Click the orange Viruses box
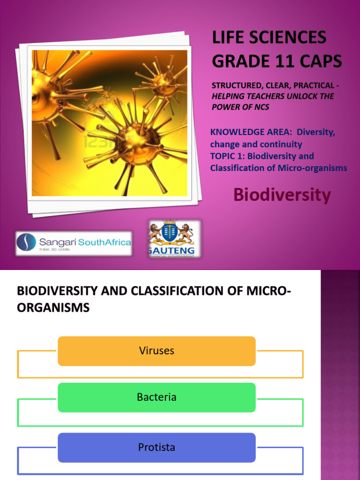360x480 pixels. coord(157,351)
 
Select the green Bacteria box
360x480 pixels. coord(157,397)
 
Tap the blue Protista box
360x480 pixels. coord(157,448)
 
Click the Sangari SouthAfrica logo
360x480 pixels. coord(74,243)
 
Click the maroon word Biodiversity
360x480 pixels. coord(282,195)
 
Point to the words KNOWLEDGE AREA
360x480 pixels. coord(246,132)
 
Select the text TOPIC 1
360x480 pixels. coord(225,156)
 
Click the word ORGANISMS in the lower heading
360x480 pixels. coord(53,307)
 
